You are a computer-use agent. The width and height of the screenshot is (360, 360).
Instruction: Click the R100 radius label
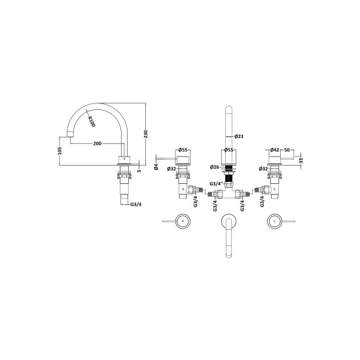[92, 122]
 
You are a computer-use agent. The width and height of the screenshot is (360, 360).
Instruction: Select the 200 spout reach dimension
[98, 143]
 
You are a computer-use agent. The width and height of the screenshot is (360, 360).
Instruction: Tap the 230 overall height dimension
[146, 134]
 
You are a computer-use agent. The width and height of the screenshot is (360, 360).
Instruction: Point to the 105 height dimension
[60, 151]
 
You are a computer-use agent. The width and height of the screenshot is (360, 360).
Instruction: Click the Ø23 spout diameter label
[239, 136]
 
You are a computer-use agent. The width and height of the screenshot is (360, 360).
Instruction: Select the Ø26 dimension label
[215, 167]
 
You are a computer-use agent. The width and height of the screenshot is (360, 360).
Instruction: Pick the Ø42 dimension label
[275, 150]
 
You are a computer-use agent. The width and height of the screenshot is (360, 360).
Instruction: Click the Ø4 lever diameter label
[156, 167]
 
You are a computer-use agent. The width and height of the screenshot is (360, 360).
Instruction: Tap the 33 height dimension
[301, 160]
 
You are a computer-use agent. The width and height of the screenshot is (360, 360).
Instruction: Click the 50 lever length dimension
[287, 150]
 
